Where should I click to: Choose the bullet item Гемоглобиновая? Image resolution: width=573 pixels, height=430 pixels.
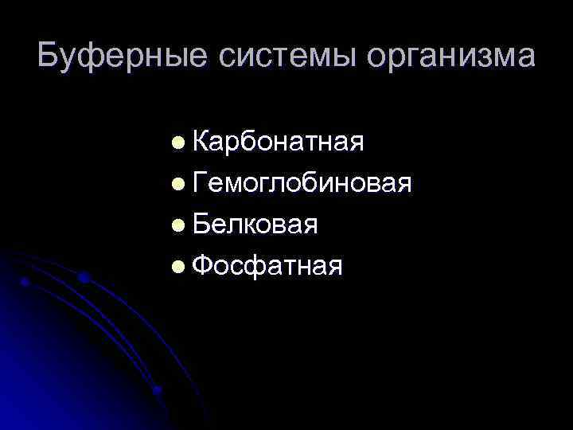click(x=302, y=183)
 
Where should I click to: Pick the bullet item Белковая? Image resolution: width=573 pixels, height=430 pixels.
click(x=255, y=225)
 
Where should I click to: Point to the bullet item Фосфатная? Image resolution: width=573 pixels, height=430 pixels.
click(x=267, y=266)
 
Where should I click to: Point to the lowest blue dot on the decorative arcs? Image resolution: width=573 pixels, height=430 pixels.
click(x=158, y=390)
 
